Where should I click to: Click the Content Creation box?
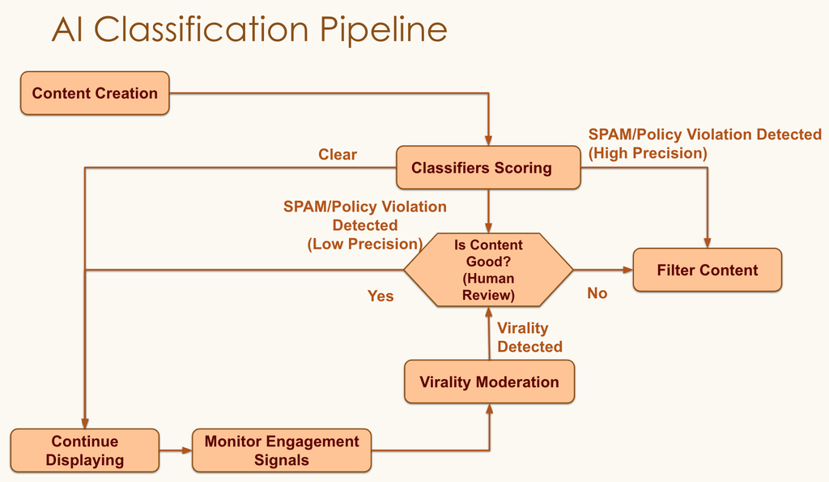[x=95, y=93]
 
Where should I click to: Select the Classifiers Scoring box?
[x=487, y=168]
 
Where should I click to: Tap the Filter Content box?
[x=707, y=270]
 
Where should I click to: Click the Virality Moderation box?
[x=489, y=382]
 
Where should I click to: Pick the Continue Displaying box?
[x=84, y=450]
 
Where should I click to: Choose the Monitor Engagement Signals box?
[x=281, y=450]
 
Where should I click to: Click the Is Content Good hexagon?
[x=488, y=270]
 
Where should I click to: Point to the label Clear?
[x=337, y=154]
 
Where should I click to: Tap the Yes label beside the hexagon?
[x=380, y=296]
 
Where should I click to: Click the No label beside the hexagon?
[x=597, y=293]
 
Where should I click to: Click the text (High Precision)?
[x=648, y=152]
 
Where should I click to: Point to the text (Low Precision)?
[x=364, y=244]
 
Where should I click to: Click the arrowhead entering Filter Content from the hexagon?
[x=627, y=270]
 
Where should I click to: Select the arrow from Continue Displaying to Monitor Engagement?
[x=175, y=450]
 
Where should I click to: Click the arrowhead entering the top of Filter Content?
[x=708, y=243]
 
